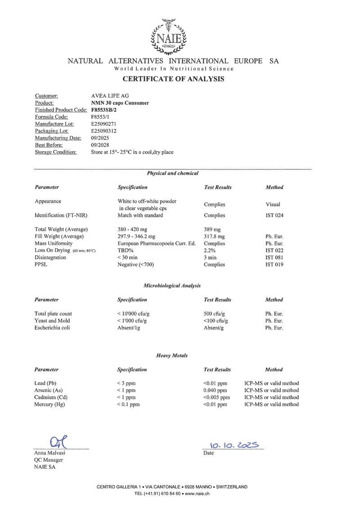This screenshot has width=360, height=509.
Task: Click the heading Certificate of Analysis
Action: point(173,79)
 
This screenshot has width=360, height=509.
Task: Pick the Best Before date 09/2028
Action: point(100,145)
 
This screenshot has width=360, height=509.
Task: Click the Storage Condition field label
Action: point(56,152)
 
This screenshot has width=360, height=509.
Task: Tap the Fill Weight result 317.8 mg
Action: point(214,236)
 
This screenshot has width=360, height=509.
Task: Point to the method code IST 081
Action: point(274,257)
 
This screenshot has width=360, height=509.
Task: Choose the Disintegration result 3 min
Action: point(211,257)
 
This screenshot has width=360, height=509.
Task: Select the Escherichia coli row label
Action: point(52,328)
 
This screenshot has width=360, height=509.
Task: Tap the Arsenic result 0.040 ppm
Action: point(215,390)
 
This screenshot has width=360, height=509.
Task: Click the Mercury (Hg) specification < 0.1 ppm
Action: point(129,405)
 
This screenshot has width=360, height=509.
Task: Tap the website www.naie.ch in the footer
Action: point(198,493)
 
